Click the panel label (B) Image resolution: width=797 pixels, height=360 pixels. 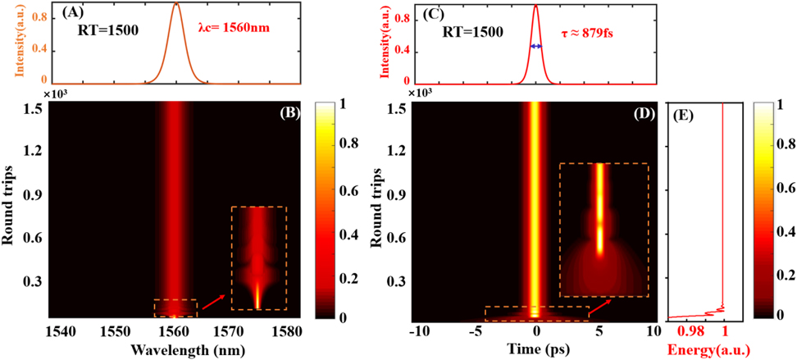[x=289, y=112]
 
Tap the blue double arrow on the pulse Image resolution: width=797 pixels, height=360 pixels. [x=535, y=47]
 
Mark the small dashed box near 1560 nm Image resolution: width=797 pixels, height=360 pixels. [x=175, y=308]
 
